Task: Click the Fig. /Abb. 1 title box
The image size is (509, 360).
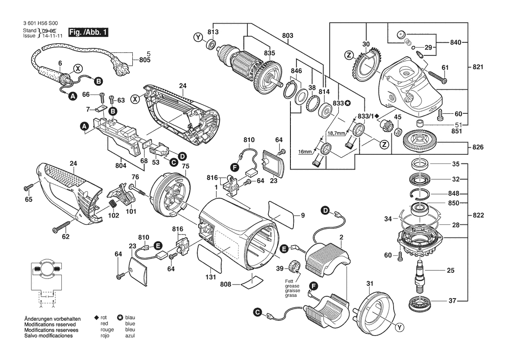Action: point(88,33)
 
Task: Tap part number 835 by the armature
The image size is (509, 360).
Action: point(270,53)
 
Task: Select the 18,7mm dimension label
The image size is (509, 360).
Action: point(336,133)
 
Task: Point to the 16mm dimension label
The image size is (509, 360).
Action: point(305,152)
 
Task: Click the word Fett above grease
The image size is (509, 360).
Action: point(289,282)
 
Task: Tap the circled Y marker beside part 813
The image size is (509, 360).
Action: point(198,37)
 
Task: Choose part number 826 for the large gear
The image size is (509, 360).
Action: point(478,147)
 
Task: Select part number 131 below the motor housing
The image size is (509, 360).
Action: point(211,277)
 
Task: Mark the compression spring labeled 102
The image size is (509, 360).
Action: point(112,205)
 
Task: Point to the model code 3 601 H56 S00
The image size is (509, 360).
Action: point(40,24)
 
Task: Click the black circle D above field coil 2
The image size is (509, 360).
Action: point(325,210)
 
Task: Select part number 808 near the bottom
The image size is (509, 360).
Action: point(226,284)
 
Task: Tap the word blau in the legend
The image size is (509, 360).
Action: point(130,317)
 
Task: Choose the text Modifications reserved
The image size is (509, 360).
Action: point(50,324)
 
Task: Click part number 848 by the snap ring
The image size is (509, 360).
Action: point(454,194)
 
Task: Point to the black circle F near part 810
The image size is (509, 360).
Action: point(234,167)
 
